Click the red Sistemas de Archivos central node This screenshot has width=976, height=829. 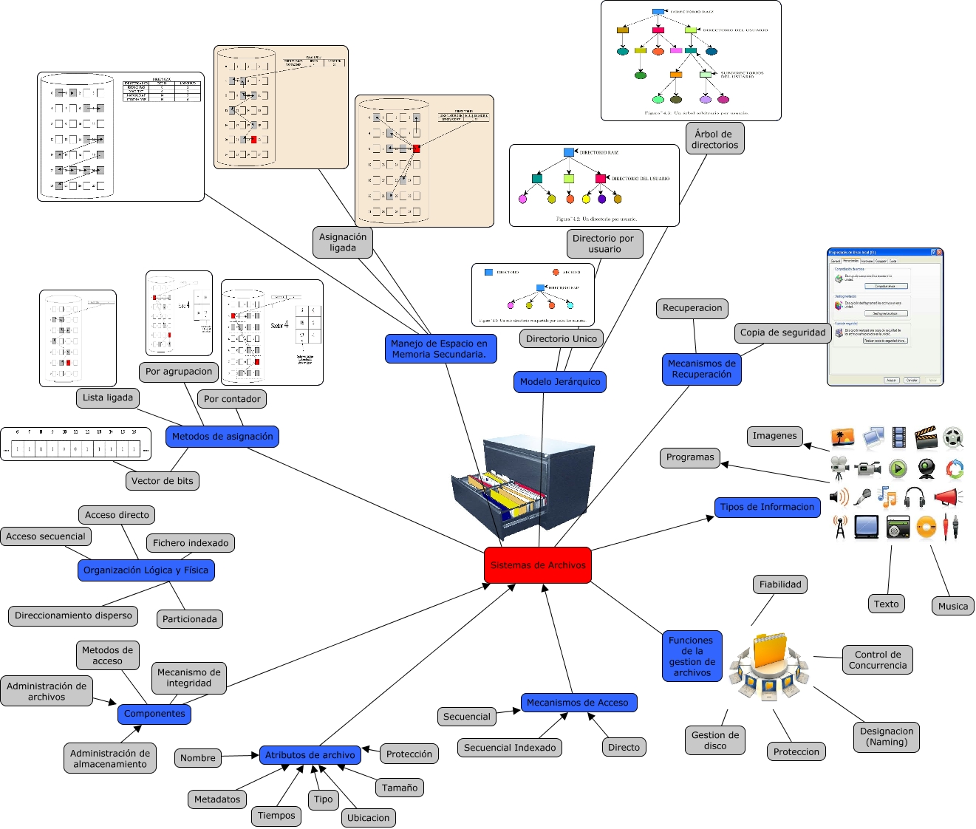coord(538,565)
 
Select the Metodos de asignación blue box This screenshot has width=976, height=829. coord(222,437)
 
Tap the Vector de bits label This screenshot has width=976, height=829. coord(163,481)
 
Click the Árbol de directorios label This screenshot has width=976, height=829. coord(714,139)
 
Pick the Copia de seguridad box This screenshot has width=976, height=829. coord(782,332)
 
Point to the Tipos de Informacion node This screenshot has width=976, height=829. coord(767,507)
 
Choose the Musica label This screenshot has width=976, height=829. coord(952,606)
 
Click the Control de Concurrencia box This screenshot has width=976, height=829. coord(877,660)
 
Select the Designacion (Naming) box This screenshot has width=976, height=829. coord(887,737)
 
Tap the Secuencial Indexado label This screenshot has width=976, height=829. coord(510,748)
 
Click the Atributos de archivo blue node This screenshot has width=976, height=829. coord(310,755)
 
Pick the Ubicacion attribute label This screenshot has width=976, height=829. coord(368,818)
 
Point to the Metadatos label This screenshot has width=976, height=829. coord(217,799)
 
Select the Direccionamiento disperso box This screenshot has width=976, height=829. coord(73,615)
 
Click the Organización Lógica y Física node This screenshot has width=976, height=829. coord(146,570)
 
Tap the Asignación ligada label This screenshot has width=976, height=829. coord(342,242)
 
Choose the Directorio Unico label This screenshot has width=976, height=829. coord(562,339)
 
